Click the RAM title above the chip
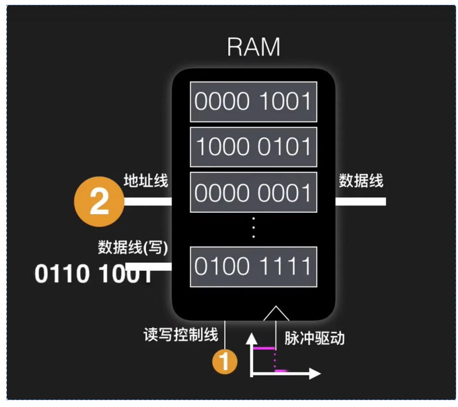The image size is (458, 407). pyautogui.click(x=254, y=47)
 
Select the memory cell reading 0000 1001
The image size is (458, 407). pyautogui.click(x=253, y=102)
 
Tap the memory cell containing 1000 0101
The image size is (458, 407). pyautogui.click(x=253, y=147)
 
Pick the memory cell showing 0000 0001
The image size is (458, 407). pyautogui.click(x=253, y=192)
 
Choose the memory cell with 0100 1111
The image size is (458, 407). pyautogui.click(x=253, y=267)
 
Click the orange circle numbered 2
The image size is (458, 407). pyautogui.click(x=99, y=201)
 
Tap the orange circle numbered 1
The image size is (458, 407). pyautogui.click(x=224, y=362)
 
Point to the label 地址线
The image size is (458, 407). pyautogui.click(x=146, y=181)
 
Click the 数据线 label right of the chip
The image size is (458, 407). pyautogui.click(x=361, y=181)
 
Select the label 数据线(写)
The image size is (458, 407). pyautogui.click(x=133, y=247)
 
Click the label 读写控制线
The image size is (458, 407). pyautogui.click(x=181, y=335)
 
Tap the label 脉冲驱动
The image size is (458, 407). pyautogui.click(x=315, y=338)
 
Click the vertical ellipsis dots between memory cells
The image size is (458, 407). pyautogui.click(x=253, y=227)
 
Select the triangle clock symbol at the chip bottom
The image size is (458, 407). pyautogui.click(x=276, y=314)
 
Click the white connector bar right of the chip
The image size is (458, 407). pyautogui.click(x=360, y=201)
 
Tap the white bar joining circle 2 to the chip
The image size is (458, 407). pyautogui.click(x=148, y=201)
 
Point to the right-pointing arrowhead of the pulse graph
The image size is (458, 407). pyautogui.click(x=315, y=374)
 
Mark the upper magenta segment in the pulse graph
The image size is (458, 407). pyautogui.click(x=264, y=348)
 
